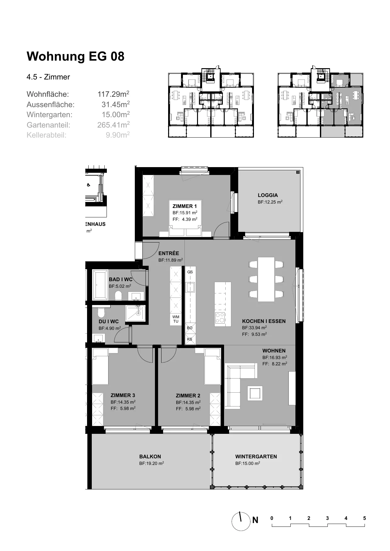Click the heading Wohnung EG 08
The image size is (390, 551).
[75, 57]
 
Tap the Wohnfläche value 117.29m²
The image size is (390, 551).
[113, 94]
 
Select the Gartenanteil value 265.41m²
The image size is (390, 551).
[113, 125]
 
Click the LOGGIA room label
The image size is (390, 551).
[268, 195]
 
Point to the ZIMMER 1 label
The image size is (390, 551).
[185, 206]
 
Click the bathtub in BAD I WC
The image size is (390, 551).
[100, 285]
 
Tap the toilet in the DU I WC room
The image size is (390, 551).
[101, 313]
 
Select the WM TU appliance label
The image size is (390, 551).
[176, 319]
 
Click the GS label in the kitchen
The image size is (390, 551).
[190, 272]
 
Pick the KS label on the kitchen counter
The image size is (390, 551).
[190, 339]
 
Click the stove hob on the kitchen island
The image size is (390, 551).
[220, 318]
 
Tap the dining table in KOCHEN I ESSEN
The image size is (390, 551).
[266, 280]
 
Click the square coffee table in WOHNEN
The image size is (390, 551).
[255, 393]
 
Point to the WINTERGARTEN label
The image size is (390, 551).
[256, 456]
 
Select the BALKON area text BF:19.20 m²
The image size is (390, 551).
[152, 463]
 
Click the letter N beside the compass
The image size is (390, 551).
[255, 520]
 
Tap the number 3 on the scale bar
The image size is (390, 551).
[327, 518]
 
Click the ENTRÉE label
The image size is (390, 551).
[169, 253]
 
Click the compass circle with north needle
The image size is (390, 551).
[241, 521]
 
